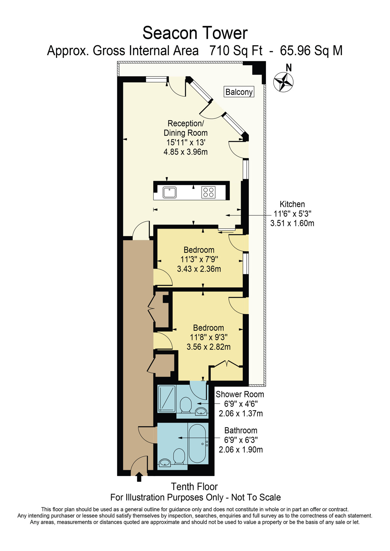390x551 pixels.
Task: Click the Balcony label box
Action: click(239, 92)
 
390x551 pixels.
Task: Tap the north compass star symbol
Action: click(283, 82)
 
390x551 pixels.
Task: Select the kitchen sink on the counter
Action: click(169, 192)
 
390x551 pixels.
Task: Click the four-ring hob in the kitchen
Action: click(208, 192)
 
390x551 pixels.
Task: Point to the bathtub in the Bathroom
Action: click(197, 443)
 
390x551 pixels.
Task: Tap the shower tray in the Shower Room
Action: click(167, 399)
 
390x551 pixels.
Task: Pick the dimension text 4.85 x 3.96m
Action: click(185, 152)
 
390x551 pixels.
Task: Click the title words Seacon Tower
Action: click(195, 33)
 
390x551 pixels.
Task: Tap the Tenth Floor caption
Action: click(194, 487)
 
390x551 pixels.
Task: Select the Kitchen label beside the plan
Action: click(292, 204)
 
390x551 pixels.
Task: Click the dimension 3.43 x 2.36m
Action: click(199, 269)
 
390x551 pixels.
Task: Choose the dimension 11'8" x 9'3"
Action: click(209, 337)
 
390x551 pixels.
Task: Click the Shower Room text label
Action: click(240, 394)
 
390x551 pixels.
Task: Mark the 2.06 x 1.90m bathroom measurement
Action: click(241, 450)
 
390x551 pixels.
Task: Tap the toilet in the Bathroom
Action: click(179, 456)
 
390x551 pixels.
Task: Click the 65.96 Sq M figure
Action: click(311, 51)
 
